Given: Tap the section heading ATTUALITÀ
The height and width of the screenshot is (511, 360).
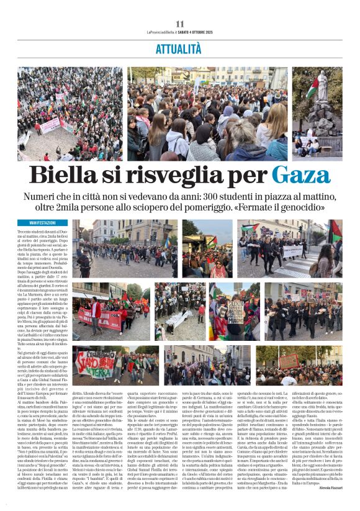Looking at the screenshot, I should tap(180, 47).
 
